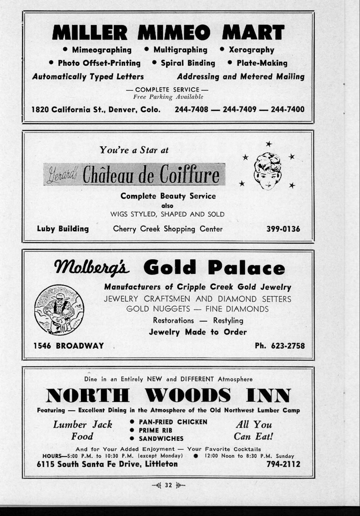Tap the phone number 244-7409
(239, 109)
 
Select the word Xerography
(251, 50)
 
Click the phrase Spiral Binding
(188, 63)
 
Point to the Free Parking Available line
(168, 97)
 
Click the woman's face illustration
(268, 171)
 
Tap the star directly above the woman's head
(269, 144)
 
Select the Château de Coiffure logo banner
(134, 175)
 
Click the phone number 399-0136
(283, 229)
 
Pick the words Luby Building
(63, 229)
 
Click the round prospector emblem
(59, 310)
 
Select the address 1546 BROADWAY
(68, 345)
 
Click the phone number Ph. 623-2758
(280, 345)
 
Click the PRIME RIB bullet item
(155, 430)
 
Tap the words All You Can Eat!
(254, 430)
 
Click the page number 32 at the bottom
(168, 485)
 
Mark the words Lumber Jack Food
(83, 430)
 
